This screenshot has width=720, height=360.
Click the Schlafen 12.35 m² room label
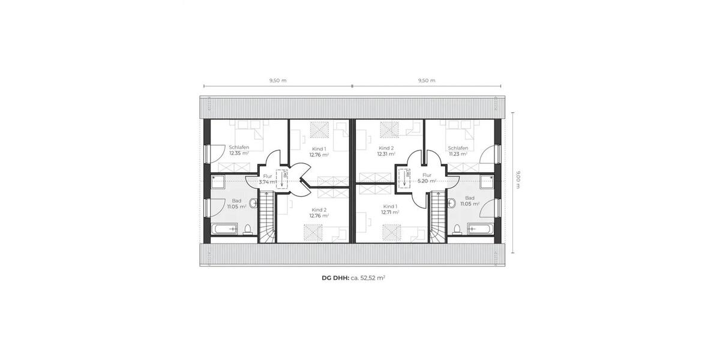(x=238, y=150)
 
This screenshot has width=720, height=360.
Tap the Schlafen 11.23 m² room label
(x=458, y=150)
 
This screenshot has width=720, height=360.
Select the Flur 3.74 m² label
(x=267, y=179)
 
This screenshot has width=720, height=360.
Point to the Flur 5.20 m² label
(x=427, y=179)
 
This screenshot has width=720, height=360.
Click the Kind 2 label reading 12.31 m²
(x=386, y=151)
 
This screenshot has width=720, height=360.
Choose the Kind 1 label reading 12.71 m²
(x=391, y=209)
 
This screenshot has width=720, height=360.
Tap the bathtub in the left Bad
(x=223, y=229)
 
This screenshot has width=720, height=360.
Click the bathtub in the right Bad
(x=480, y=229)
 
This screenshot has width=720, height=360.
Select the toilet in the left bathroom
(x=248, y=229)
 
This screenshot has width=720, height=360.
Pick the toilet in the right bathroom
(x=457, y=229)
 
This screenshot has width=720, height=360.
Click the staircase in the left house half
(x=267, y=216)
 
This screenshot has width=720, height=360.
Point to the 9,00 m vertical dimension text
(x=518, y=179)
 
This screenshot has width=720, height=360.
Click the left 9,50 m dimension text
(x=278, y=80)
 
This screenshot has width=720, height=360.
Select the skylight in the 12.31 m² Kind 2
(x=391, y=128)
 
